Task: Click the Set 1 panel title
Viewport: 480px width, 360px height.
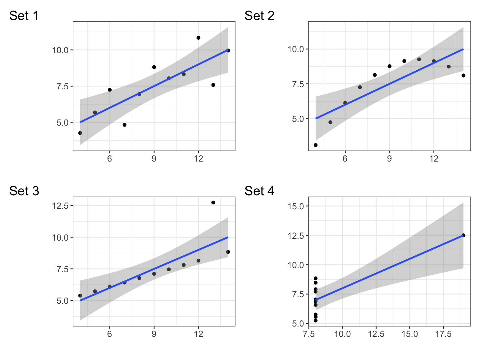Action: pyautogui.click(x=24, y=16)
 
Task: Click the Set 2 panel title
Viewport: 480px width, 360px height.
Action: pyautogui.click(x=259, y=16)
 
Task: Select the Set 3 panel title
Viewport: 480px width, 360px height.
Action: pyautogui.click(x=24, y=191)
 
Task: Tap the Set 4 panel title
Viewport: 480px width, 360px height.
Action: pyautogui.click(x=259, y=191)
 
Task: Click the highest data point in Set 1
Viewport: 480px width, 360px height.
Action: pyautogui.click(x=198, y=38)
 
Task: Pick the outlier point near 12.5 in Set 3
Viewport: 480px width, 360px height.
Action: pyautogui.click(x=213, y=202)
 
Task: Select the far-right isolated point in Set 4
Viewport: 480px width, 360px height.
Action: pyautogui.click(x=463, y=235)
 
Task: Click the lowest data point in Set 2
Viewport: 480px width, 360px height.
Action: pyautogui.click(x=316, y=145)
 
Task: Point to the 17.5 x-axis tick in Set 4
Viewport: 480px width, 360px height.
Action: pyautogui.click(x=443, y=334)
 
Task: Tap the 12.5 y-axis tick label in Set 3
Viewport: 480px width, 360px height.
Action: pyautogui.click(x=60, y=206)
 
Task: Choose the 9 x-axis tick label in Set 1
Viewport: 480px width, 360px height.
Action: pyautogui.click(x=154, y=159)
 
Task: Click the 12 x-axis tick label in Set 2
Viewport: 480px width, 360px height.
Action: pyautogui.click(x=434, y=159)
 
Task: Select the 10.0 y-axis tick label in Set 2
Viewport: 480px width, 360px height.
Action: pyautogui.click(x=296, y=49)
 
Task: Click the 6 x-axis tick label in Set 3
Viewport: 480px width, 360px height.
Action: pyautogui.click(x=110, y=334)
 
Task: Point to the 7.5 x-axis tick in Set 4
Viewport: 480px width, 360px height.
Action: pyautogui.click(x=309, y=334)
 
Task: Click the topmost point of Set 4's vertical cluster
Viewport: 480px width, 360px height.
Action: pyautogui.click(x=316, y=278)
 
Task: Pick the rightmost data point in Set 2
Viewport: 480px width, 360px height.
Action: pyautogui.click(x=463, y=75)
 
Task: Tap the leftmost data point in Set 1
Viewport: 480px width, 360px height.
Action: pyautogui.click(x=80, y=133)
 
